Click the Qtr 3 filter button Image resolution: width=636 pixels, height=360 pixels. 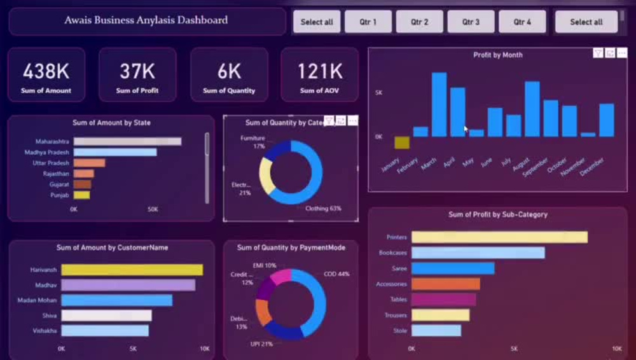click(x=471, y=22)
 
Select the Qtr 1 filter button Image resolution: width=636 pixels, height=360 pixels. click(x=368, y=22)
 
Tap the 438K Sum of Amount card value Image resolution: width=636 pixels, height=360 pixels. click(x=46, y=71)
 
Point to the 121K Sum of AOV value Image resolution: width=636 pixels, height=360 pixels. click(x=319, y=71)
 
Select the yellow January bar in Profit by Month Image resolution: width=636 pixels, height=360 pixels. click(x=402, y=142)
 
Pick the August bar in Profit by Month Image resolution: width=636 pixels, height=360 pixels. click(x=532, y=109)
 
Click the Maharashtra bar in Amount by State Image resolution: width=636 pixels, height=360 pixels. click(x=127, y=142)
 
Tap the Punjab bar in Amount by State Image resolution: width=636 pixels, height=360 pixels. click(x=81, y=195)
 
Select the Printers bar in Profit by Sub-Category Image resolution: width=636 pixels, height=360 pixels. click(x=499, y=237)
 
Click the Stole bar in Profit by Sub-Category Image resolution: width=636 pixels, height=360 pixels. click(x=436, y=331)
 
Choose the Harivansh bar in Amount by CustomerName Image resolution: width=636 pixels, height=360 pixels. click(x=132, y=270)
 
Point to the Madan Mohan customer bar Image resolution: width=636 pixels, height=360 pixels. click(x=116, y=300)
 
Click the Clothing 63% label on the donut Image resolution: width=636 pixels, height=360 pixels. click(x=323, y=209)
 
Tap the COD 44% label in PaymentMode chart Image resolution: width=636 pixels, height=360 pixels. click(x=335, y=274)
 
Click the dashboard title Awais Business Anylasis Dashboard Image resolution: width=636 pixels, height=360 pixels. click(x=146, y=20)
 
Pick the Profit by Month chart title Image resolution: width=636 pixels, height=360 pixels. click(x=498, y=55)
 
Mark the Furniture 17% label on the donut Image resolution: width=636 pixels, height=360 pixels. click(x=252, y=142)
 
